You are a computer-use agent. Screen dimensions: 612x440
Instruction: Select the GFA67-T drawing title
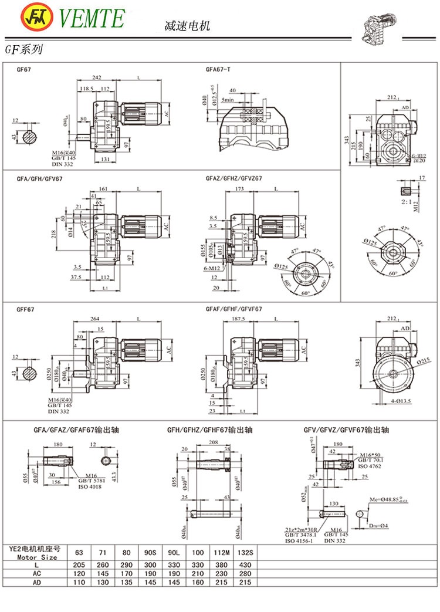point(218,69)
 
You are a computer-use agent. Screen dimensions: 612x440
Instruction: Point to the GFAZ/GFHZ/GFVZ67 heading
point(233,178)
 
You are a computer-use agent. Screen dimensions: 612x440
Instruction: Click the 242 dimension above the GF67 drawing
point(96,77)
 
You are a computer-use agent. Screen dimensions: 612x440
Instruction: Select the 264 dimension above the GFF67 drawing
point(94,319)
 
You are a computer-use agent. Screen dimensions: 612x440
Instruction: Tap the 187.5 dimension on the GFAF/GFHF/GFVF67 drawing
point(238,319)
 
